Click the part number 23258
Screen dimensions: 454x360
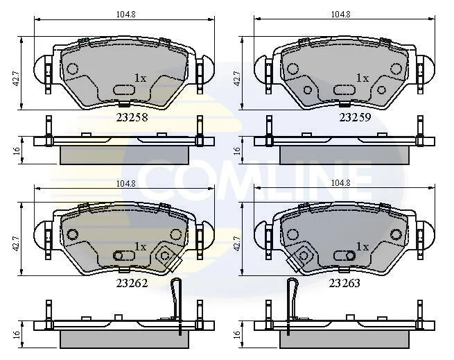(132, 117)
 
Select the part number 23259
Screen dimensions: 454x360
(355, 117)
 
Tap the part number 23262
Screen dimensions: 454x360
(132, 283)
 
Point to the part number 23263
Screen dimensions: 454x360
(344, 283)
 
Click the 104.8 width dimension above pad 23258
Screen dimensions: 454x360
(126, 14)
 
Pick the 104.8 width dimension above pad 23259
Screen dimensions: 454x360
(341, 14)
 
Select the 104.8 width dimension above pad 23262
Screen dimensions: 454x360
(126, 184)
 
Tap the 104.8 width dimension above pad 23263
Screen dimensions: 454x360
(341, 183)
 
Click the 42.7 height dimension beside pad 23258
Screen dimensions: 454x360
(16, 78)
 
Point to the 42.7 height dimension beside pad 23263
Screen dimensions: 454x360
(237, 243)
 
